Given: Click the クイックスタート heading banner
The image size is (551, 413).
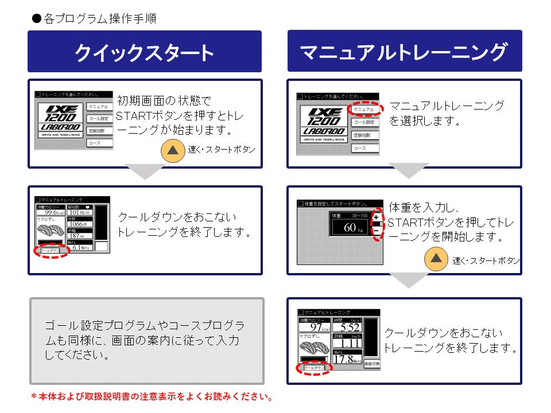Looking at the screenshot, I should [145, 52].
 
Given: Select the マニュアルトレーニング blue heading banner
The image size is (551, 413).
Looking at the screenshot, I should [404, 52].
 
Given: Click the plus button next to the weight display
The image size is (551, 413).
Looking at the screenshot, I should [376, 218].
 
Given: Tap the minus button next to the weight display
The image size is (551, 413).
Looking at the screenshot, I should [376, 231].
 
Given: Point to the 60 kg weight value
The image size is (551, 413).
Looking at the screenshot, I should [351, 228].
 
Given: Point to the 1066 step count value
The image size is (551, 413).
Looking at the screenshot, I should [77, 224].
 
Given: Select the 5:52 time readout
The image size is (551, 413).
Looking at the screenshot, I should [346, 328].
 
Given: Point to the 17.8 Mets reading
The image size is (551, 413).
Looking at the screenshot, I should [346, 359].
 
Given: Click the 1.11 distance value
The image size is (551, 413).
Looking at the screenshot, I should [346, 343].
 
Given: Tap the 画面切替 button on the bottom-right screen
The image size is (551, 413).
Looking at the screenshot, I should [371, 364].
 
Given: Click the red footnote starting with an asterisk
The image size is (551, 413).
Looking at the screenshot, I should [152, 396].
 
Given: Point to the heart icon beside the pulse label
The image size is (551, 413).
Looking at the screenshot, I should [88, 206].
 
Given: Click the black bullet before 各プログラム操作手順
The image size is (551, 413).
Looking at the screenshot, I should [37, 18].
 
